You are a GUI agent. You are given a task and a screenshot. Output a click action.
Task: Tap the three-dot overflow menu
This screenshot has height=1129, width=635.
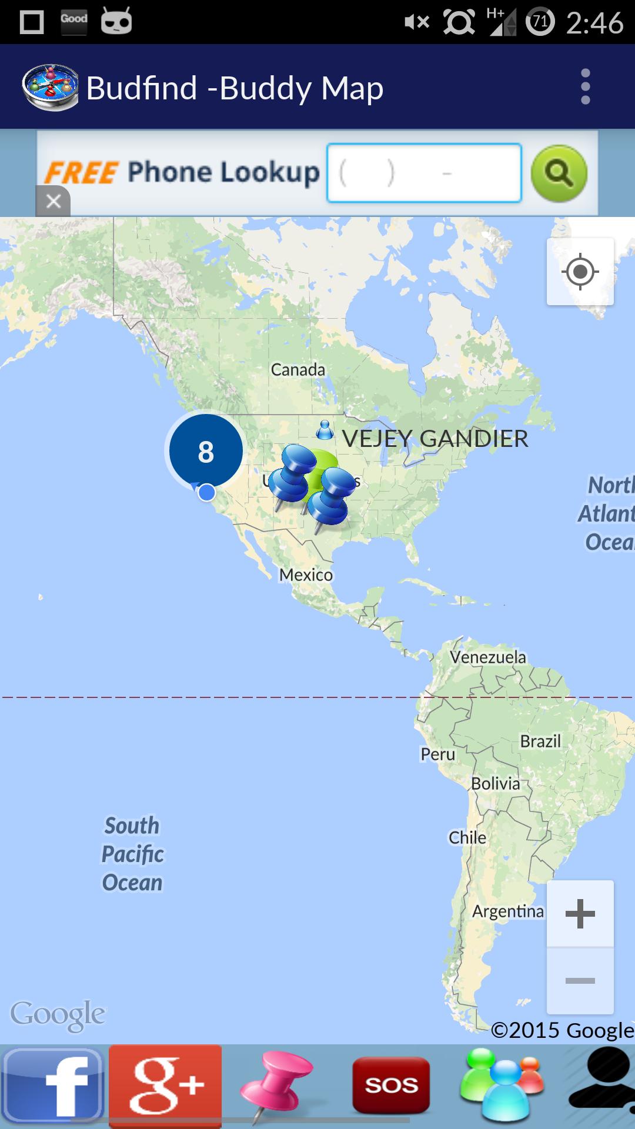[x=585, y=87]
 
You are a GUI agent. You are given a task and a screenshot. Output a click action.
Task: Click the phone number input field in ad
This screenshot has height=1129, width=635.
[x=424, y=173]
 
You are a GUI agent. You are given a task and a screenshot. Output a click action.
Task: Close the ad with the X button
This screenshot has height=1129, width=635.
[x=53, y=202]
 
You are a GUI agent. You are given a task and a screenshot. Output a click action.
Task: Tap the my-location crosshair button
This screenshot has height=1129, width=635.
[x=580, y=272]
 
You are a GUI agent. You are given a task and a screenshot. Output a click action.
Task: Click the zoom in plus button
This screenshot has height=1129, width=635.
[x=580, y=914]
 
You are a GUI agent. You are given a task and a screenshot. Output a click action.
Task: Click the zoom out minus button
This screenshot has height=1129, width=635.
[x=580, y=981]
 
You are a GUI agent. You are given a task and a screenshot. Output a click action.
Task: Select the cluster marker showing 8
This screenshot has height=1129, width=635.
[x=206, y=451]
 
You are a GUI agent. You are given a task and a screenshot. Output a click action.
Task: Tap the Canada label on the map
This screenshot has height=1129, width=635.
[x=298, y=370]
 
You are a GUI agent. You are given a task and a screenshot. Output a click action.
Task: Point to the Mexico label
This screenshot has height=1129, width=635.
[x=306, y=574]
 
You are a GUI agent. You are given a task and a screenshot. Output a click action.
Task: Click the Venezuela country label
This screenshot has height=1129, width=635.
[x=488, y=657]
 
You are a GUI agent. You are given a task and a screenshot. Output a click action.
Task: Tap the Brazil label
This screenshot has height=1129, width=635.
[x=540, y=741]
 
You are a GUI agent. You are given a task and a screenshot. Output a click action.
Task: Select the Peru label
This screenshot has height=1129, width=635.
[x=437, y=754]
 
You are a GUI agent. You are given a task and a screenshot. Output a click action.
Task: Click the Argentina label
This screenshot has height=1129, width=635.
[x=508, y=911]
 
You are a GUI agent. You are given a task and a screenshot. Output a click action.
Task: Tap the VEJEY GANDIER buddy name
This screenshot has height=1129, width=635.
[x=435, y=439]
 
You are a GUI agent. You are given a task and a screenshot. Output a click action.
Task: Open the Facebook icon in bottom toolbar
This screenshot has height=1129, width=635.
[x=53, y=1085]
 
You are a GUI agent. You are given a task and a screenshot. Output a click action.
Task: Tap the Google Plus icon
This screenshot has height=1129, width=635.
[x=165, y=1085]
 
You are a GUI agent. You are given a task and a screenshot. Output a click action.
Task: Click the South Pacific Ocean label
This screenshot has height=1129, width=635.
[x=132, y=854]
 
